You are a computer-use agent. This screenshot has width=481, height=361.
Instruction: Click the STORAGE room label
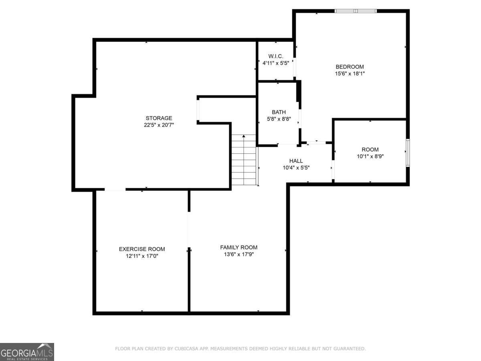pyautogui.click(x=159, y=118)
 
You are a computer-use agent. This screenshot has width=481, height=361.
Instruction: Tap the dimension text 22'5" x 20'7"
pyautogui.click(x=159, y=125)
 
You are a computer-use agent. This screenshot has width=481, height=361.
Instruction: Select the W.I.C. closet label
pyautogui.click(x=276, y=56)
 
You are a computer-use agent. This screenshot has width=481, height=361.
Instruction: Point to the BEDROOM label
pyautogui.click(x=350, y=67)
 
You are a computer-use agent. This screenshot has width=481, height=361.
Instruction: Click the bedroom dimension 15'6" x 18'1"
pyautogui.click(x=350, y=73)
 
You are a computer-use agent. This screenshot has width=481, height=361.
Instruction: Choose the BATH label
pyautogui.click(x=279, y=112)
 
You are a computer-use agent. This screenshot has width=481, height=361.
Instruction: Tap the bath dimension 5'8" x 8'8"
pyautogui.click(x=279, y=119)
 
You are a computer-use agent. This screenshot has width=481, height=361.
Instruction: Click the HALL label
pyautogui.click(x=296, y=161)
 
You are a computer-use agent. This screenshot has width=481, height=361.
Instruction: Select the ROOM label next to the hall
pyautogui.click(x=370, y=150)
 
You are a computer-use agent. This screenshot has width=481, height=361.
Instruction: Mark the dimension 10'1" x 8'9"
pyautogui.click(x=370, y=156)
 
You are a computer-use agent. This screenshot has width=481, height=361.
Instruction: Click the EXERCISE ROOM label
pyautogui.click(x=142, y=249)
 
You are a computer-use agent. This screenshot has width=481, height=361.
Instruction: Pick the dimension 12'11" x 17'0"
pyautogui.click(x=142, y=256)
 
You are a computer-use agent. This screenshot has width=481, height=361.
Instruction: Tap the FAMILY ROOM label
pyautogui.click(x=238, y=247)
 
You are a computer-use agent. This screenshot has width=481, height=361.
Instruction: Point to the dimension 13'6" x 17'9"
pyautogui.click(x=238, y=254)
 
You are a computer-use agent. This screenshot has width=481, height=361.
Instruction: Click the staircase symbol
pyautogui.click(x=244, y=160)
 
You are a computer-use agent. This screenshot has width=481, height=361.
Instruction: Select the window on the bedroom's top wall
pyautogui.click(x=356, y=11)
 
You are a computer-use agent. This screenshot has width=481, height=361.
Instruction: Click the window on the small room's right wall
pyautogui.click(x=407, y=152)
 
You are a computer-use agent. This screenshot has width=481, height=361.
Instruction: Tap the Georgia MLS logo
pyautogui.click(x=27, y=352)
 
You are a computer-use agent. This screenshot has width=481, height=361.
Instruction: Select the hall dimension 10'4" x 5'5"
pyautogui.click(x=296, y=168)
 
